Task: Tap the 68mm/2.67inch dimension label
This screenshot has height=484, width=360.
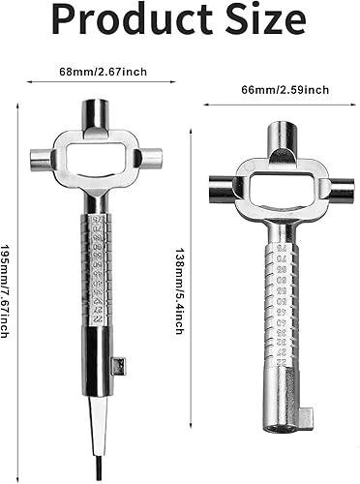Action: tap(103, 72)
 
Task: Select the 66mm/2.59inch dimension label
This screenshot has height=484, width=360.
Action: tap(285, 89)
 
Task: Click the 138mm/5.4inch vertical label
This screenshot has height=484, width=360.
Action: tap(180, 290)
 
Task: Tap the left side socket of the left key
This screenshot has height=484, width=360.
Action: tap(42, 158)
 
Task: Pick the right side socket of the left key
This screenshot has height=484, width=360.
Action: tap(151, 158)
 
